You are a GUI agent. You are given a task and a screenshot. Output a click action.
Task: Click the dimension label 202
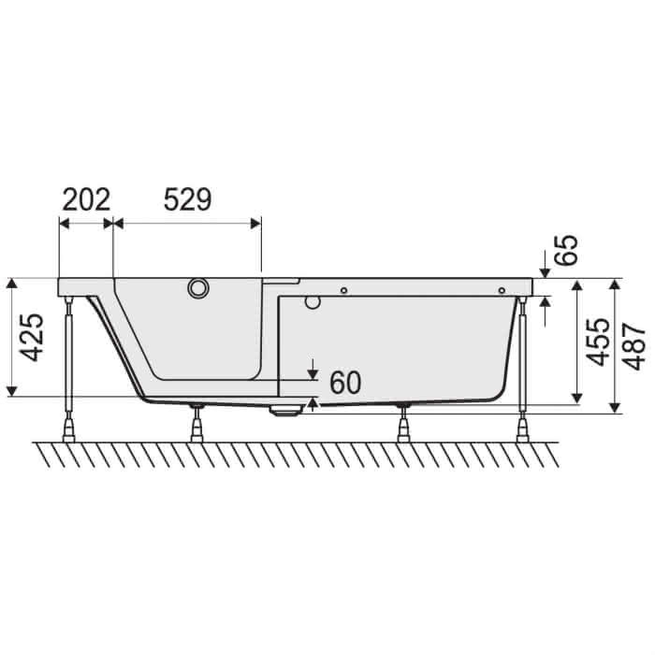click(86, 199)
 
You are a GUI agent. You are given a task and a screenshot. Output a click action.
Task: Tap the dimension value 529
click(187, 199)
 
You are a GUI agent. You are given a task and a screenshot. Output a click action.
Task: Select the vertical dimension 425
click(32, 337)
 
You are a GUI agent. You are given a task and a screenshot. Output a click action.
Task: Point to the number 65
click(566, 250)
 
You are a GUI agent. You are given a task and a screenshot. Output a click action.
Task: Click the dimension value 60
click(345, 383)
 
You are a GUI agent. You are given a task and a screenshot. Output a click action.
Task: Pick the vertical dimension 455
click(597, 342)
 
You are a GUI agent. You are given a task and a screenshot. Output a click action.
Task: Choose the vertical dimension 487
click(634, 346)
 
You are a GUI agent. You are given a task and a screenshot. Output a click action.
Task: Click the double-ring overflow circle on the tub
click(198, 288)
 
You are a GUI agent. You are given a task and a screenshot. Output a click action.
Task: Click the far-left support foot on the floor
click(68, 431)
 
